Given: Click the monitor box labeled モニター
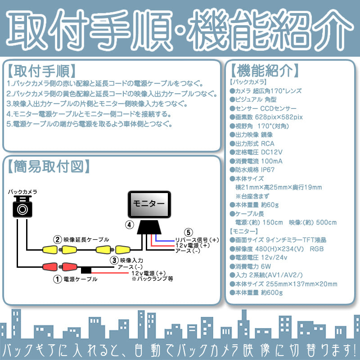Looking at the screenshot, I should coord(150,204).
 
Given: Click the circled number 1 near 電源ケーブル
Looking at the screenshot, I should coord(57,279).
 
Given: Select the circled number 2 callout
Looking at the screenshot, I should coord(57,239).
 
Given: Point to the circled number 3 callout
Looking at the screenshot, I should coord(114,260).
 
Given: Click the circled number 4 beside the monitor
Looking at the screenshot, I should coord(129,224).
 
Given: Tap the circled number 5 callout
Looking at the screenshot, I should coord(189,233).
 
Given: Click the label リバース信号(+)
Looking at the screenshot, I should coord(197,239).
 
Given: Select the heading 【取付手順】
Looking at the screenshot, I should coord(41,72).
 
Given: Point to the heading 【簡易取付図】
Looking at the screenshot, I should coord(46,166).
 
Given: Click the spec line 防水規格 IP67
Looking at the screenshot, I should coord(255,170).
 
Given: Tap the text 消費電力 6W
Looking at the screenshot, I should coord(253,266).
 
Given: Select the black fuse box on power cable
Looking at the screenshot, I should coord(86,270).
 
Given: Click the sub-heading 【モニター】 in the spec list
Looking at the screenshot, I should coord(244,231).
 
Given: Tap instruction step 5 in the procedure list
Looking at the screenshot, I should coord(90,124).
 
